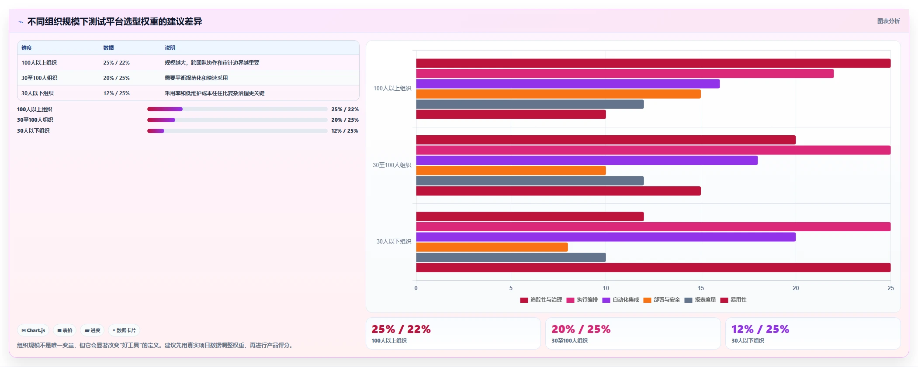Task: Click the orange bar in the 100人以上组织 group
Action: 558,94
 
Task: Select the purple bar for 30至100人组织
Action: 587,160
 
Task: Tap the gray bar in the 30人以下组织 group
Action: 511,257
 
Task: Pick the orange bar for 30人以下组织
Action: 492,247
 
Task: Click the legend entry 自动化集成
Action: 621,300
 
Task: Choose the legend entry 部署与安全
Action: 662,300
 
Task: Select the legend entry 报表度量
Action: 700,300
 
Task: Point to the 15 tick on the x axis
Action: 701,288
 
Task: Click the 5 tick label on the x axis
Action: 511,288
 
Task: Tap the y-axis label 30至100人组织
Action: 392,165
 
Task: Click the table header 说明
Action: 170,48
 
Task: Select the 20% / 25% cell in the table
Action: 116,78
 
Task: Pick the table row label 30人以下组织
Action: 38,93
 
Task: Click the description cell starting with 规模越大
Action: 212,63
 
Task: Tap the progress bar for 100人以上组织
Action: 237,109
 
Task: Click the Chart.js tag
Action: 33,330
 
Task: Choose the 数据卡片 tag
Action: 124,330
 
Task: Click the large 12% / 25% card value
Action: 760,329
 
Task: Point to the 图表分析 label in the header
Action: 888,21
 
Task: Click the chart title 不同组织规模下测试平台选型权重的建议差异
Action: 114,21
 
